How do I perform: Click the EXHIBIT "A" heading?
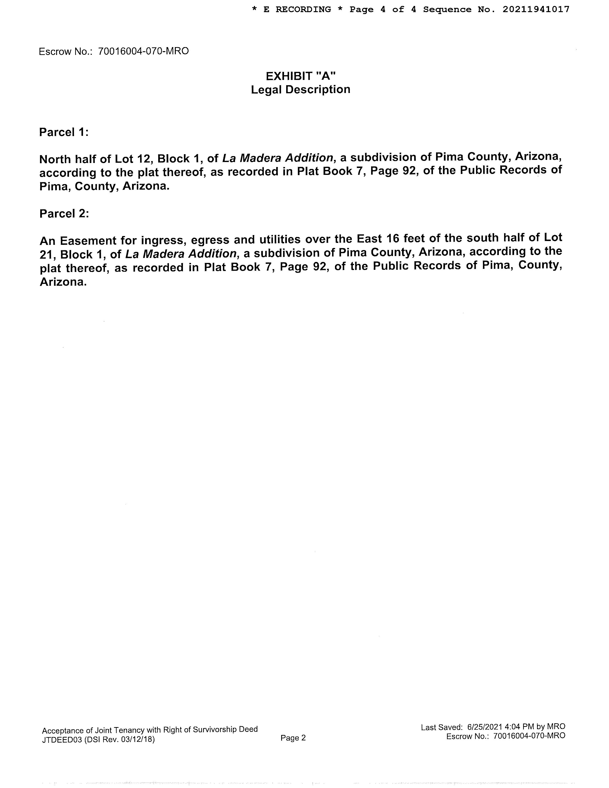(300, 76)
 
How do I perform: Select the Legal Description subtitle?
(300, 89)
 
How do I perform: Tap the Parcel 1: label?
(64, 133)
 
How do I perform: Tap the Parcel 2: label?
(64, 214)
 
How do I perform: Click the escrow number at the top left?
(143, 51)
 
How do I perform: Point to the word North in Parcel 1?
(55, 159)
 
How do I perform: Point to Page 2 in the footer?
(293, 738)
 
